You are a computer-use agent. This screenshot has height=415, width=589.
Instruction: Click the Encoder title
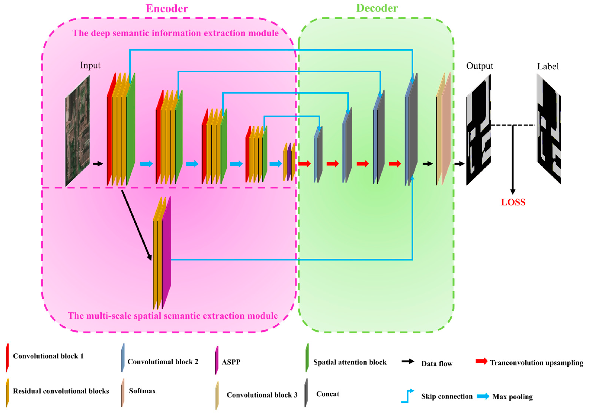click(167, 9)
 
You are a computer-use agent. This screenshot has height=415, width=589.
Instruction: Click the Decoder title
click(377, 8)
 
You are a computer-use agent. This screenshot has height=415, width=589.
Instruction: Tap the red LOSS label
click(513, 202)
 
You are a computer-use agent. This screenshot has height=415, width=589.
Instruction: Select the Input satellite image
click(78, 131)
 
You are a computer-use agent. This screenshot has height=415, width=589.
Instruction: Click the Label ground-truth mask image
click(549, 129)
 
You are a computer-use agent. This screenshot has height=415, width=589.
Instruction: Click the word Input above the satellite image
click(90, 65)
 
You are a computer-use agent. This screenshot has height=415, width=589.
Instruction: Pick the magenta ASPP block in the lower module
click(166, 254)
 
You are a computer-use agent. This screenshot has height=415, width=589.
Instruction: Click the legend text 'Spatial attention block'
click(350, 362)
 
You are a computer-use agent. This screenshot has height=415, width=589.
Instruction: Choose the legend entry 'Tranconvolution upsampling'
click(536, 363)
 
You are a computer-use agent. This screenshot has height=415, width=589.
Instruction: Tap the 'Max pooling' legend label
click(512, 397)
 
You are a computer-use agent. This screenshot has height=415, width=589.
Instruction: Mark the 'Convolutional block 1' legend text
click(48, 356)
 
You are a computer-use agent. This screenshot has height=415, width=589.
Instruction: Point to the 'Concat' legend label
click(328, 394)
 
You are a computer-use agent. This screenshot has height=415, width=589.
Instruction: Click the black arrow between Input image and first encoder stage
click(98, 163)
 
